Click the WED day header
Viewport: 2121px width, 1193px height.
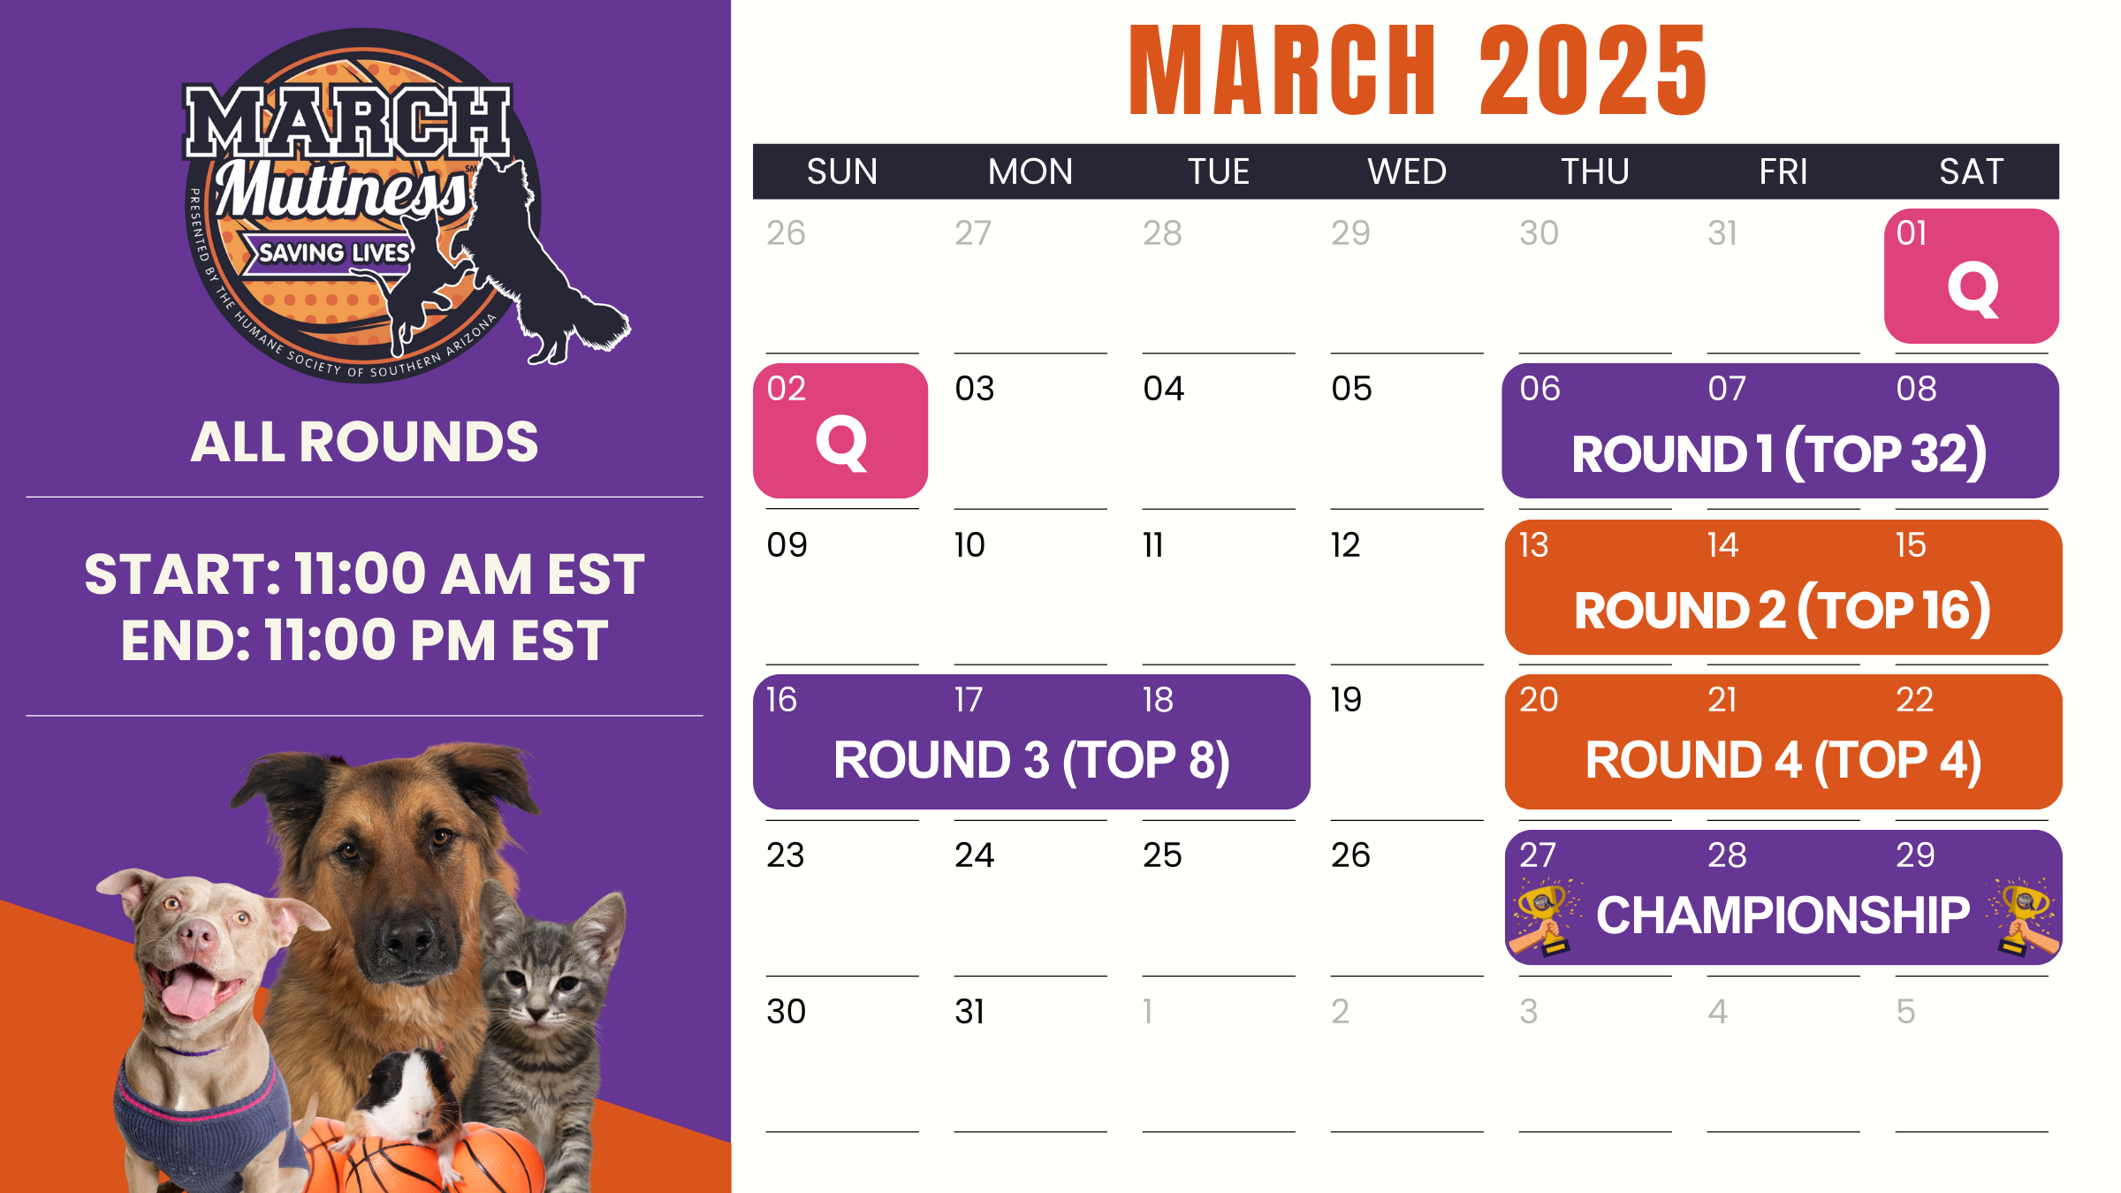[x=1407, y=171]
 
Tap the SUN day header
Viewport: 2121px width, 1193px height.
[x=842, y=171]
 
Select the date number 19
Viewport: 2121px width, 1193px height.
[x=1346, y=700]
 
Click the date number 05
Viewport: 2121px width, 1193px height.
[x=1351, y=389]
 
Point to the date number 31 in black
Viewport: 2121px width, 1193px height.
[x=969, y=1011]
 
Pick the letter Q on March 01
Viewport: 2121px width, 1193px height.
[x=1973, y=289]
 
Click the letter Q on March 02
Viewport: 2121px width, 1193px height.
[x=841, y=444]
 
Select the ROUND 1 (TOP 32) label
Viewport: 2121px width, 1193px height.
[x=1779, y=454]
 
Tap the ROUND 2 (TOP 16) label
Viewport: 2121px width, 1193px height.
[x=1783, y=610]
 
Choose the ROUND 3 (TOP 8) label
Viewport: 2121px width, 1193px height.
[x=1031, y=761]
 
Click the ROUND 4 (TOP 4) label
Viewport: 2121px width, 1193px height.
[x=1783, y=761]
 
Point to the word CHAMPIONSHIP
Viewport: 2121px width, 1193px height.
[x=1783, y=915]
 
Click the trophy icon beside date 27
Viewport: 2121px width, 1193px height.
[x=1544, y=919]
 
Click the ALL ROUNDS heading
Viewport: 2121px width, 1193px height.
[x=364, y=442]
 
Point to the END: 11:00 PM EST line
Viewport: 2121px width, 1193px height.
[x=364, y=640]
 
